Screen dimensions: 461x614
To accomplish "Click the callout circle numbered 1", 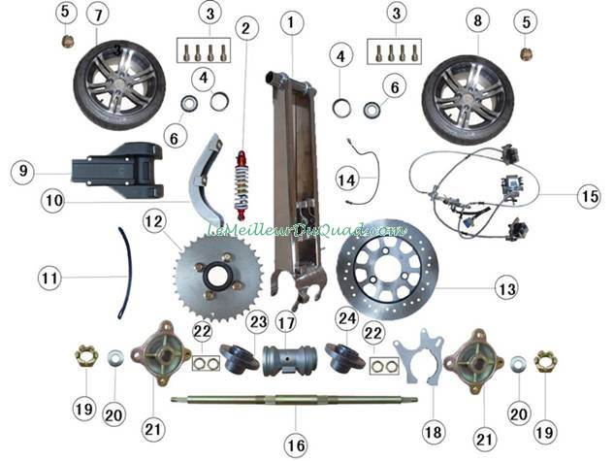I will [x=291, y=20].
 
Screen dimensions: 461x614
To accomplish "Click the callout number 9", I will [x=24, y=171].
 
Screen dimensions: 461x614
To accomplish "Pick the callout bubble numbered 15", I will [x=587, y=196].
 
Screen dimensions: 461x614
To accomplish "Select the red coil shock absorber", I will [x=240, y=184].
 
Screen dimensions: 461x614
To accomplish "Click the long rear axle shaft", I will [x=291, y=399].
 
